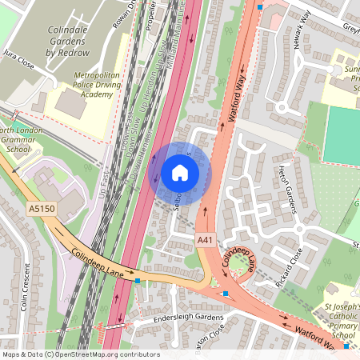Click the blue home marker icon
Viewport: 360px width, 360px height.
179,171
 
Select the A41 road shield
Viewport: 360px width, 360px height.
206,239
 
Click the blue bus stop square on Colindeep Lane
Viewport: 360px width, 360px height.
138,281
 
